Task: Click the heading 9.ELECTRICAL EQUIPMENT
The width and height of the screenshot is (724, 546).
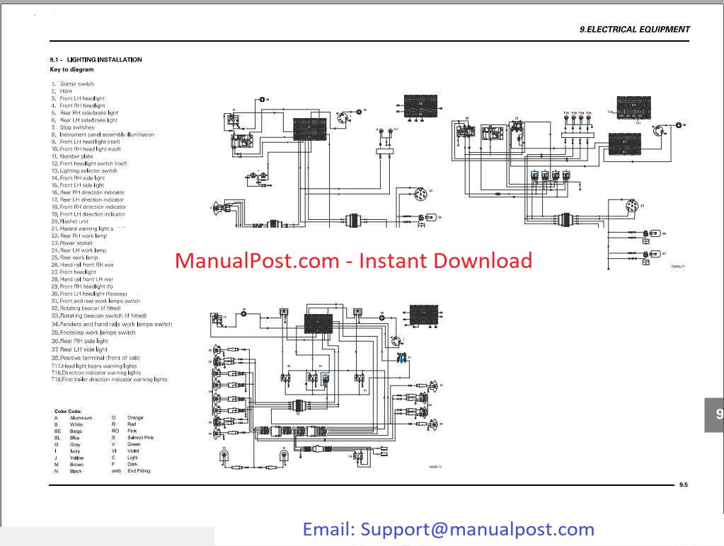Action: coord(634,30)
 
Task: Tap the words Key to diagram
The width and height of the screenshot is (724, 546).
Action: coord(71,70)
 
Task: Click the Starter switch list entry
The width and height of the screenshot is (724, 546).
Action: coord(76,84)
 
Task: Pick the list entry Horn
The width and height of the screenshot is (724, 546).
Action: coord(66,91)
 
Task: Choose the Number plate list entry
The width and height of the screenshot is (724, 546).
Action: coord(76,156)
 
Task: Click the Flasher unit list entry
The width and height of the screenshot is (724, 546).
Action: coord(74,221)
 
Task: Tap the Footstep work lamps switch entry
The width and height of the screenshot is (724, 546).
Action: coord(97,332)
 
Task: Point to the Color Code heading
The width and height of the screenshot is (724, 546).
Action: coord(68,411)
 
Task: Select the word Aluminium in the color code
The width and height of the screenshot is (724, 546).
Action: coord(81,418)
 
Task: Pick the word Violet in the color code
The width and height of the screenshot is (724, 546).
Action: coord(134,451)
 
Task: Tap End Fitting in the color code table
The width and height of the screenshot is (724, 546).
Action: coord(139,471)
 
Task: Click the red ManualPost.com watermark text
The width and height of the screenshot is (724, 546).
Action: coord(353,261)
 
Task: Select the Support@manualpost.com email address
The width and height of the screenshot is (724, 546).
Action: coord(477,529)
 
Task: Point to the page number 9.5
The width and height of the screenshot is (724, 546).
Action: coord(683,484)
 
